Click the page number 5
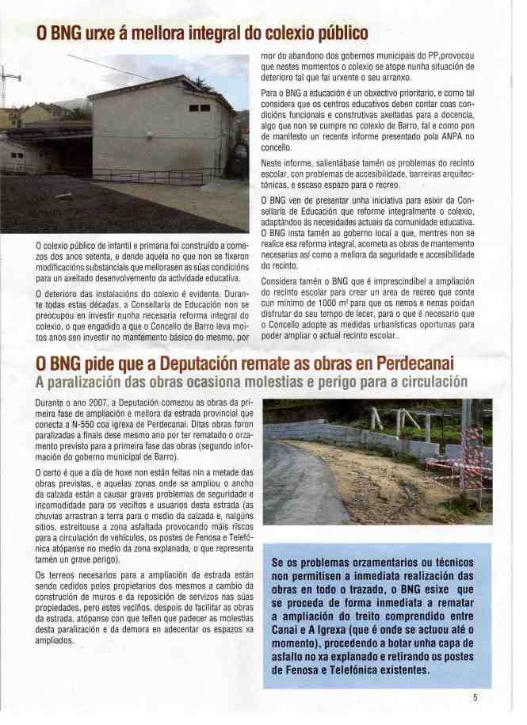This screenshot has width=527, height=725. pos(475,697)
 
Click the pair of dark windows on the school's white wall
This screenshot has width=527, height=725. pos(200,108)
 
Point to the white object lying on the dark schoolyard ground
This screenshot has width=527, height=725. pos(63,194)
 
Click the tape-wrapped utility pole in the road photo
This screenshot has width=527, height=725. pos(472,460)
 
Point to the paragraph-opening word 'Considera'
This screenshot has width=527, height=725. pos(284,282)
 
